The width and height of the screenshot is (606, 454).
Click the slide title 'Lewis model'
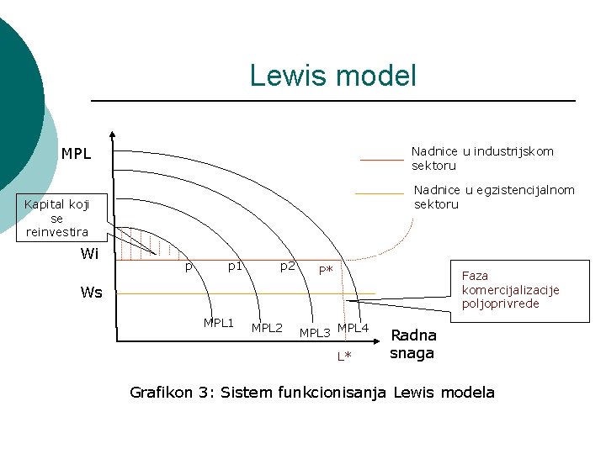[332, 76]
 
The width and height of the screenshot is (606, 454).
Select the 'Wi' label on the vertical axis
[89, 254]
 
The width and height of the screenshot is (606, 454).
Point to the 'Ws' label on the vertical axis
[91, 293]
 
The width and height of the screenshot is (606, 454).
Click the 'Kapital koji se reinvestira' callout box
[57, 218]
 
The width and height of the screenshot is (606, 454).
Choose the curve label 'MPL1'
[218, 323]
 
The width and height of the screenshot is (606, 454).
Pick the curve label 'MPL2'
[267, 327]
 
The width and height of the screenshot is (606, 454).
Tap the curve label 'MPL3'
[315, 333]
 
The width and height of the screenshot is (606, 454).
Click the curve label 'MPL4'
[353, 327]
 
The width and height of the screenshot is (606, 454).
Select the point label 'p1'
[236, 267]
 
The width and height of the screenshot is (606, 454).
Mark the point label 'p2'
[287, 267]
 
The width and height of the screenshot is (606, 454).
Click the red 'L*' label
[344, 356]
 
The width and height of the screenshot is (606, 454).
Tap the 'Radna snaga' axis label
[412, 344]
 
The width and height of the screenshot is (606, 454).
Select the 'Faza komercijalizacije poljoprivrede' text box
[510, 289]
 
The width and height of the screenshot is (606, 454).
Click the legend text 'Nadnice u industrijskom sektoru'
[482, 158]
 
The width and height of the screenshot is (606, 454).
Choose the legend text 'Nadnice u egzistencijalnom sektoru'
[494, 197]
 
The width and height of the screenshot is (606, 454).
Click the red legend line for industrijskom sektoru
[381, 159]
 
